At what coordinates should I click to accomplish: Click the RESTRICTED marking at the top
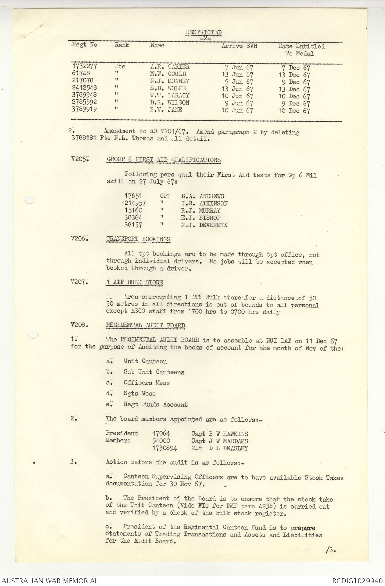point(203,32)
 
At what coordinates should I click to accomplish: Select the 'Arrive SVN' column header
point(239,46)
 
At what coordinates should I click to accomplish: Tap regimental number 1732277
point(84,66)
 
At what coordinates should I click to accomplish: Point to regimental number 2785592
point(84,102)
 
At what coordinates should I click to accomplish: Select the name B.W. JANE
point(166,110)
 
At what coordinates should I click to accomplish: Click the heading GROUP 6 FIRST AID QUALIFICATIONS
point(164,160)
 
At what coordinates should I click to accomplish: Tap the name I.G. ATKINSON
point(204,203)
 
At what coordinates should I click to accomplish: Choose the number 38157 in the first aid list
point(133,225)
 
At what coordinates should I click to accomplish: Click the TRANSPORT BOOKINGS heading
point(138,239)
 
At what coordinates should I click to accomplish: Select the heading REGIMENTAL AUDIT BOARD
point(145,325)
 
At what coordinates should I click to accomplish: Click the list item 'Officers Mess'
point(147,383)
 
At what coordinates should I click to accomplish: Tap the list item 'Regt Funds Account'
point(155,404)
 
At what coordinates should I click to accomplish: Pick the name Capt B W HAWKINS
point(220,434)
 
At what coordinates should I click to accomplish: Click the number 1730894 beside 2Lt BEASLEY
point(165,448)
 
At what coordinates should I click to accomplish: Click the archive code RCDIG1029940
point(357,581)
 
